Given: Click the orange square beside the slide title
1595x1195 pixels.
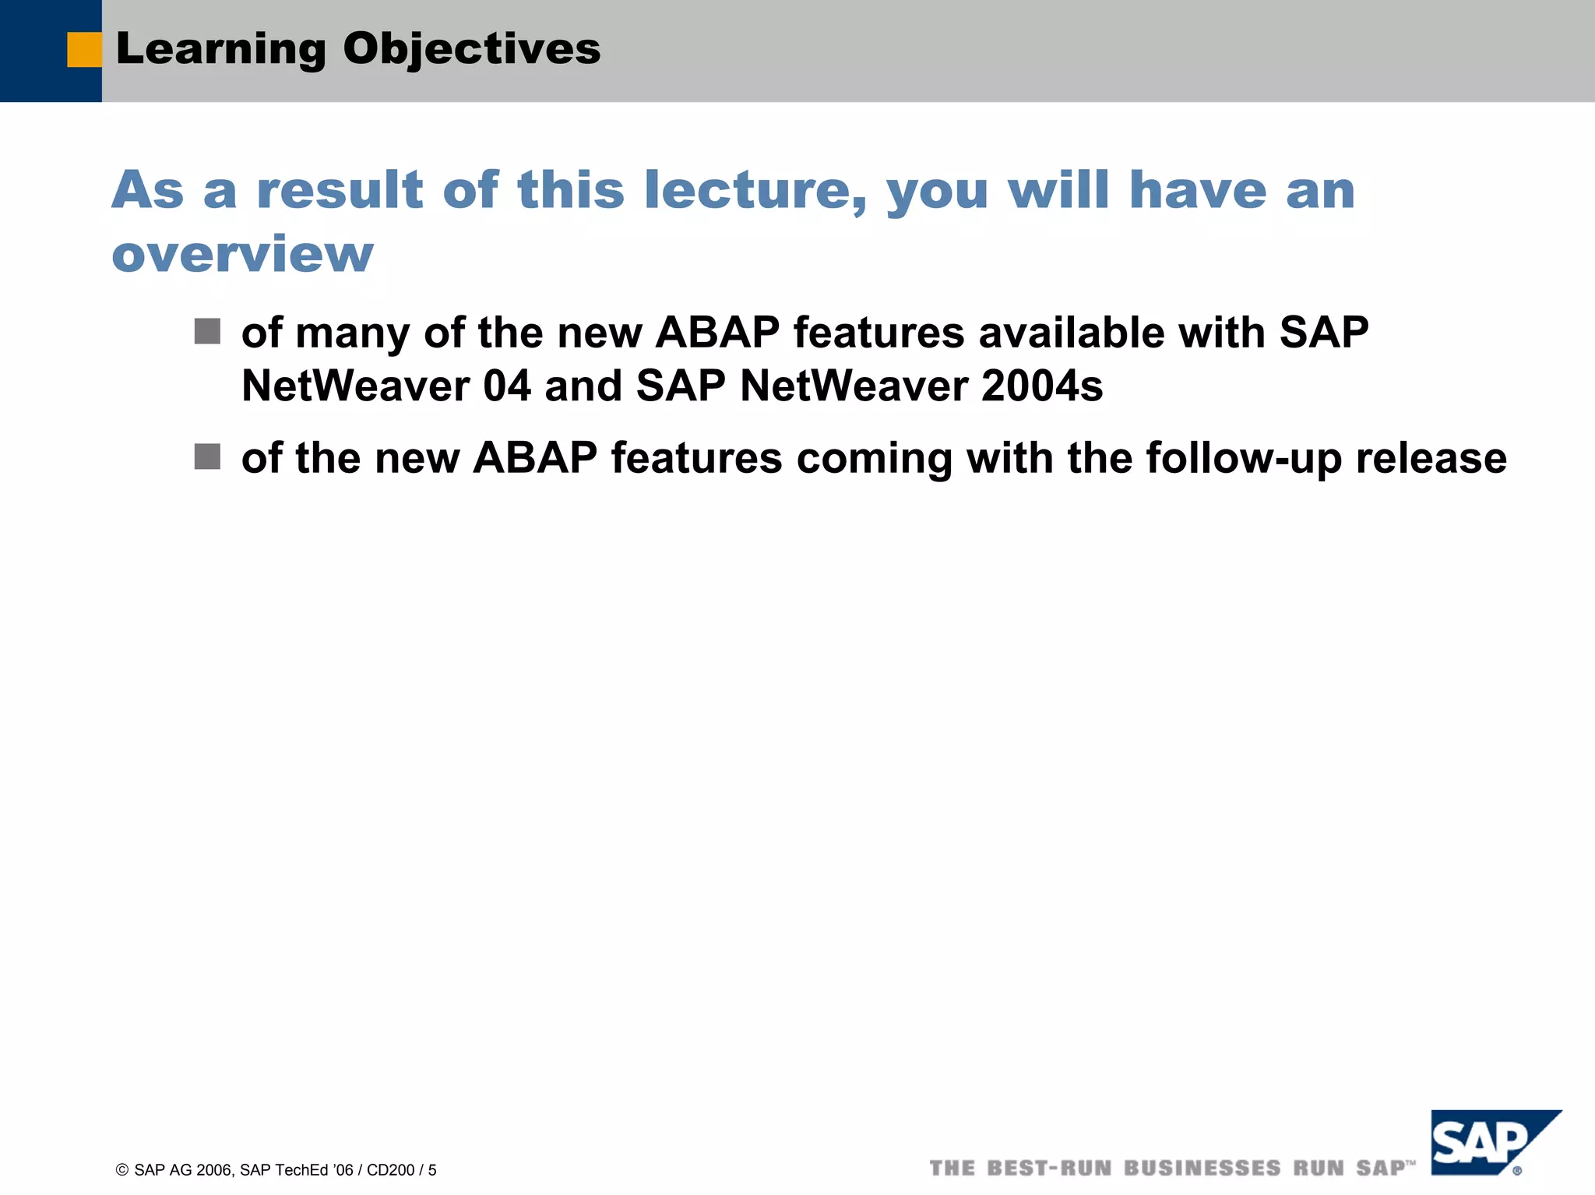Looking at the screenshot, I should (84, 50).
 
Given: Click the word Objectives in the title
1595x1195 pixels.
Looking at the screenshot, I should (471, 49).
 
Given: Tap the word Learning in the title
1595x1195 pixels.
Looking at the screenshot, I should (221, 50).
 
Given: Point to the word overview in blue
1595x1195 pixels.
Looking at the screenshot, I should (242, 255).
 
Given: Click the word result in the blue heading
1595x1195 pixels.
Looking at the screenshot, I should (340, 191).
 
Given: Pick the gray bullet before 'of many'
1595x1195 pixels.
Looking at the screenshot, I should (207, 331).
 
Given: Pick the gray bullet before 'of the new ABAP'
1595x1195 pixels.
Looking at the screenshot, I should (207, 456).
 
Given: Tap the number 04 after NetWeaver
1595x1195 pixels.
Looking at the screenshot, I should (507, 386).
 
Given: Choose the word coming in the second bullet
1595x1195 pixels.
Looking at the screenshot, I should (874, 458).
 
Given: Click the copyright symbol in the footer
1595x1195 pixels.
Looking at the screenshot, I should (122, 1170).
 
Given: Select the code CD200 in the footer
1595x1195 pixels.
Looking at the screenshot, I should (390, 1170).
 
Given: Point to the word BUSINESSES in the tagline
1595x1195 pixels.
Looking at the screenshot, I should (1202, 1169).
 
